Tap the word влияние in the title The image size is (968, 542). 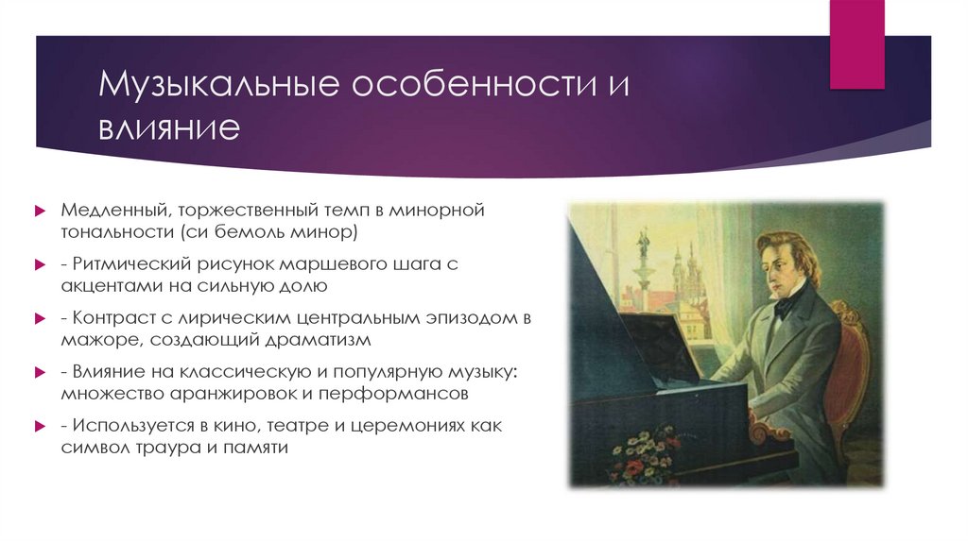pos(172,127)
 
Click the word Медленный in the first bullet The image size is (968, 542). pos(104,210)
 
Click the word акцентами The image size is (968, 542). pos(106,284)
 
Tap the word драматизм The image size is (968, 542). pos(308,338)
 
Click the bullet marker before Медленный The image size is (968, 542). pos(41,210)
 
